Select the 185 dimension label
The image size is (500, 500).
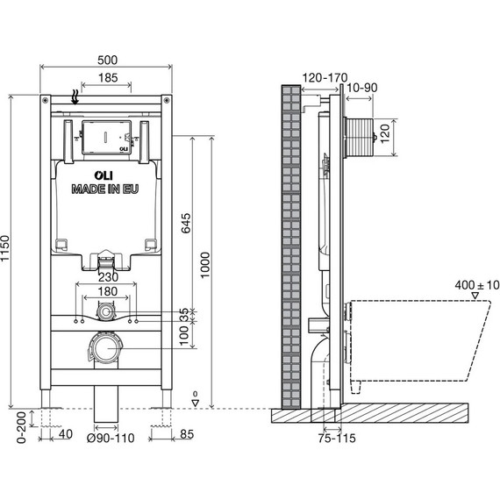point(109,79)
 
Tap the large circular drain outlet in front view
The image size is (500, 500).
point(107,348)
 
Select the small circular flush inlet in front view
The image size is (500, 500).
point(106,311)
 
